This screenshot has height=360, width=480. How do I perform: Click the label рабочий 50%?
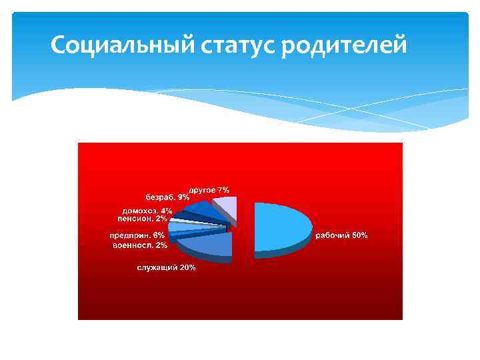pos(341,236)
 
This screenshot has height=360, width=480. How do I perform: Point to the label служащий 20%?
pos(166,267)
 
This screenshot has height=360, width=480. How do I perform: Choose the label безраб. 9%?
pos(167,197)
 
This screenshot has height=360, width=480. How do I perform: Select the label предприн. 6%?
pos(137,235)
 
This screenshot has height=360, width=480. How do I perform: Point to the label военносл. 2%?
pos(139,245)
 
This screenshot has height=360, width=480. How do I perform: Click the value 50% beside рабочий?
pos(359,236)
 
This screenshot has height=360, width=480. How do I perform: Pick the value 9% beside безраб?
pos(183,197)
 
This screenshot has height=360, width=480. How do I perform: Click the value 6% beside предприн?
pos(159,235)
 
